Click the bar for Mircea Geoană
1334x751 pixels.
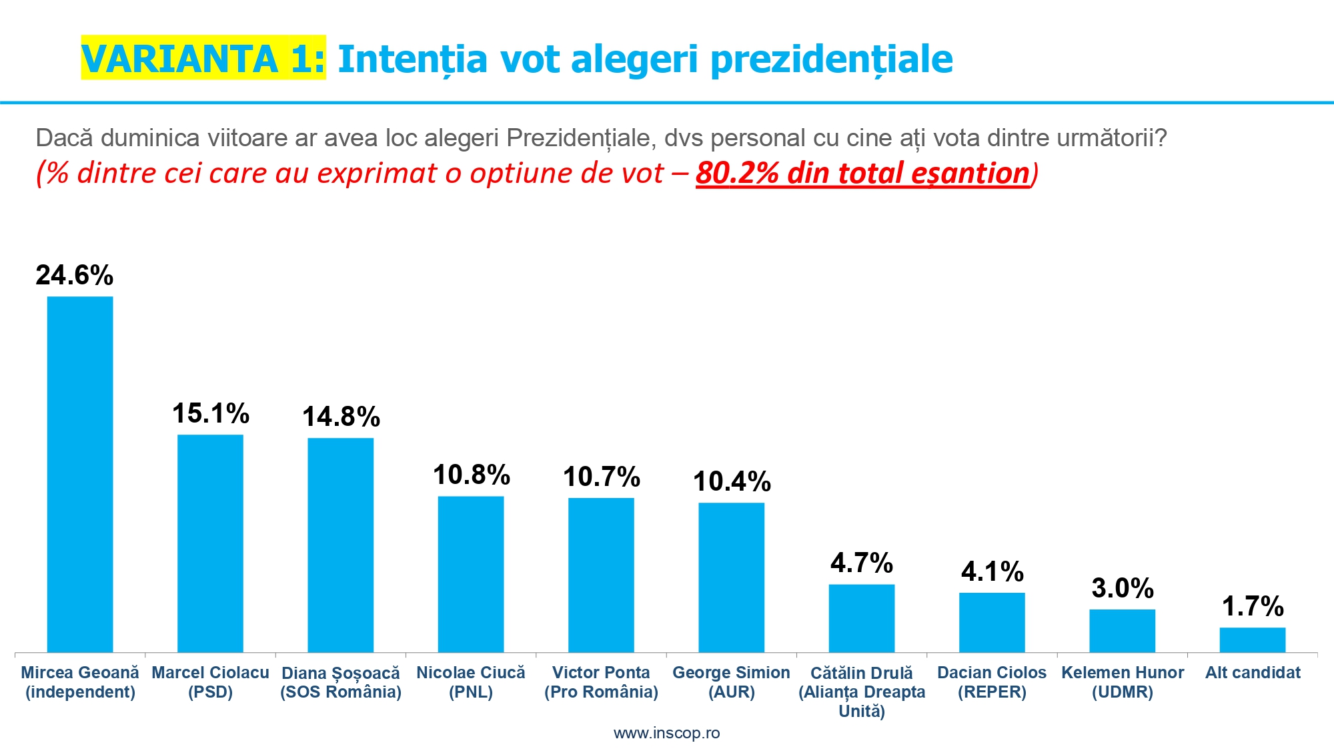(x=80, y=474)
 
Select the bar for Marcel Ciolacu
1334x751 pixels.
(x=210, y=543)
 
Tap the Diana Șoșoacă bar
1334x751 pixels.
(x=340, y=545)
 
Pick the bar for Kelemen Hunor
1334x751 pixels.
(x=1122, y=631)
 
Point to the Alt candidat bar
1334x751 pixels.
(x=1252, y=640)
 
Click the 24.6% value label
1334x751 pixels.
(x=74, y=275)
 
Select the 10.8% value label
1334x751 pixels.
(x=471, y=475)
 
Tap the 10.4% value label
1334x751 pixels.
(x=732, y=481)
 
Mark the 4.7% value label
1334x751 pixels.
(x=861, y=563)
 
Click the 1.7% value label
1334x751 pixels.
(x=1252, y=606)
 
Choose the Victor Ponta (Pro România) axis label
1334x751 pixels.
(x=601, y=682)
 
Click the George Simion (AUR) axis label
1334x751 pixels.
(x=731, y=682)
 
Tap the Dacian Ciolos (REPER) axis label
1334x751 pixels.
(x=992, y=682)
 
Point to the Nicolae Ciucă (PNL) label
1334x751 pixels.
(x=471, y=682)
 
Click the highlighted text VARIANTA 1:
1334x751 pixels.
(x=203, y=58)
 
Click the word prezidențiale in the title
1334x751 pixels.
(x=831, y=59)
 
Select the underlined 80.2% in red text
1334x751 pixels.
(x=737, y=173)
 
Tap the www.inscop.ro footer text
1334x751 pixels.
(x=666, y=733)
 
